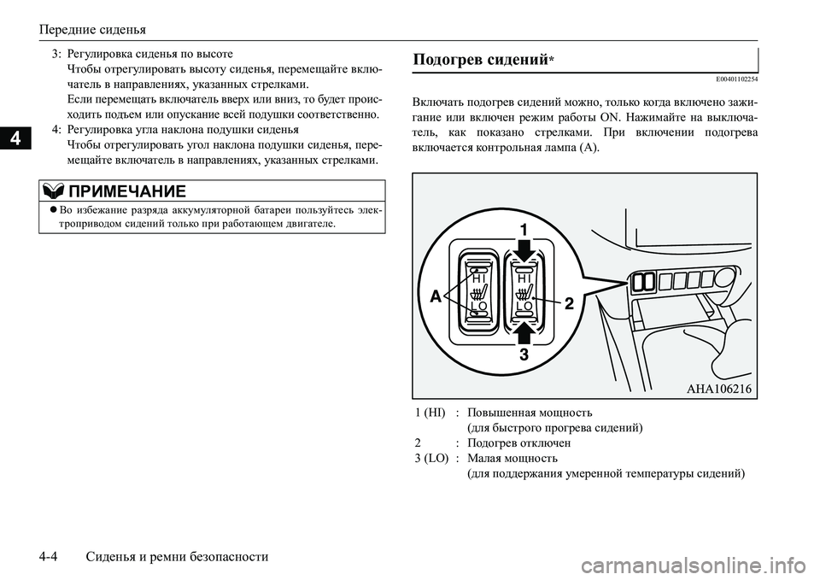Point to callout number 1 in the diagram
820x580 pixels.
coord(524,229)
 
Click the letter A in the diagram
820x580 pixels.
coord(434,296)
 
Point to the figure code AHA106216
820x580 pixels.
coord(718,389)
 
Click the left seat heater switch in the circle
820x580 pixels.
coord(479,290)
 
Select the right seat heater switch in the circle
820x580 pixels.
coord(524,290)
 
